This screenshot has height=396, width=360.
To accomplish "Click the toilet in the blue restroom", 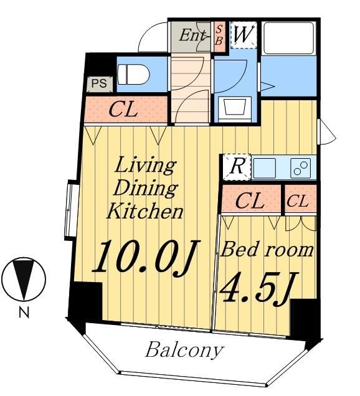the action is (x=134, y=75).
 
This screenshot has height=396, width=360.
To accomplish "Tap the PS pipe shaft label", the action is (x=99, y=83).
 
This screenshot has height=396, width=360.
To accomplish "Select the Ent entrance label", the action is (x=192, y=35).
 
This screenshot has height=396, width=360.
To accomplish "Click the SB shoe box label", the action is (x=219, y=35).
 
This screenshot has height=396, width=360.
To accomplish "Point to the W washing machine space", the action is (x=244, y=35).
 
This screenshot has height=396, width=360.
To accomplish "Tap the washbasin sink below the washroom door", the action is (x=235, y=109).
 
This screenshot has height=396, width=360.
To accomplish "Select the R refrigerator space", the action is (x=237, y=167).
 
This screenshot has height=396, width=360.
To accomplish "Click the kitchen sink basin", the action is (x=264, y=167).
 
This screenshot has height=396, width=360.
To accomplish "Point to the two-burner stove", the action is (x=301, y=167).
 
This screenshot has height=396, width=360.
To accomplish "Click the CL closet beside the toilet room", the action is (x=126, y=110).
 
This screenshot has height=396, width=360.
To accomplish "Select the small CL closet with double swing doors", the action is (x=301, y=200).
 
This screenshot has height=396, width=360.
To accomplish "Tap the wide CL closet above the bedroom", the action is (x=251, y=200).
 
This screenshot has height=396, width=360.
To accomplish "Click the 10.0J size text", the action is (x=146, y=257).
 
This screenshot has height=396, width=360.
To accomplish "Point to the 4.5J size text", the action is (x=259, y=288).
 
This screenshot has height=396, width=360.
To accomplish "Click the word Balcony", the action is (x=184, y=351).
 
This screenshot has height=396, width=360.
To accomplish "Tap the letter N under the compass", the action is (x=24, y=313).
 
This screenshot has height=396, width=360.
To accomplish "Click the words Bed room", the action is (x=267, y=250).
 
